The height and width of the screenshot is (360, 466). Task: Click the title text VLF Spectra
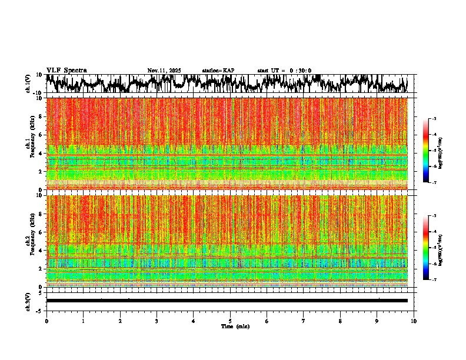(66, 70)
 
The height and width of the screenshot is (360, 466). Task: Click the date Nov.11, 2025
(164, 71)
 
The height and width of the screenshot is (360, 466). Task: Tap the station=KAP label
(218, 71)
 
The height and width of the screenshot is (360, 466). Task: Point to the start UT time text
(284, 71)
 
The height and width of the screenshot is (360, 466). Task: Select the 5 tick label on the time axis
(230, 321)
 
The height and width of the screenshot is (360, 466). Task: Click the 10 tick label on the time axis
(414, 321)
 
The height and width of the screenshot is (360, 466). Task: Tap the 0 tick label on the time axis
(46, 321)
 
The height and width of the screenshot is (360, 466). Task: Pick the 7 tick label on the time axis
(304, 321)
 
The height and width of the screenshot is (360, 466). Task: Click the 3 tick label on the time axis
(157, 321)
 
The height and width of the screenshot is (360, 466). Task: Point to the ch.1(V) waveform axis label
(28, 84)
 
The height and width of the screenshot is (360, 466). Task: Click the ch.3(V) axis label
(28, 300)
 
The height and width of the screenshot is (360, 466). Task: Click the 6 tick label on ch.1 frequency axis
(41, 135)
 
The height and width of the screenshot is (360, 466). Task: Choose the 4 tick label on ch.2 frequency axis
(41, 250)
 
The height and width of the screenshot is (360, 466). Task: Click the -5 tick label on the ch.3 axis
(40, 309)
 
